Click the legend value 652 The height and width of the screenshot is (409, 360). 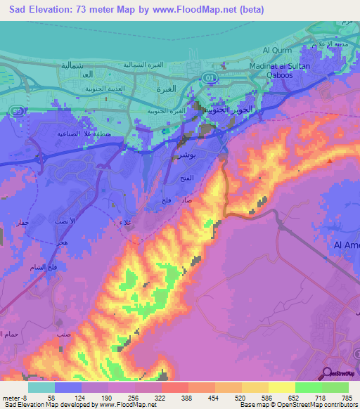295,398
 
